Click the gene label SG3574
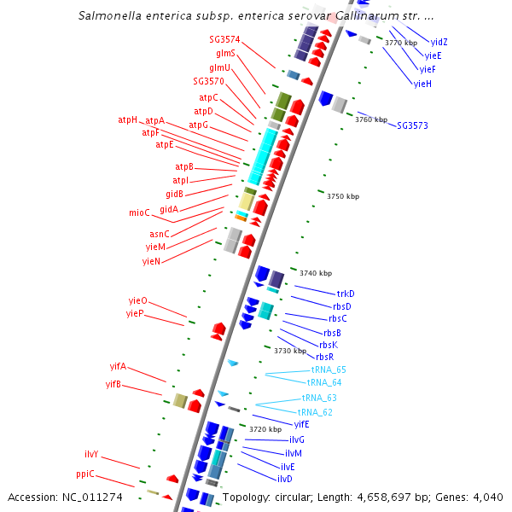coord(224,39)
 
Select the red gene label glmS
coord(225,53)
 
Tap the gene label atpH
coord(127,119)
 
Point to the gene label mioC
coord(139,212)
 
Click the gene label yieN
coord(151,261)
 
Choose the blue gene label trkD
coord(346,294)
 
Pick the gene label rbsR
coord(324,357)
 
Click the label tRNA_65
coord(329,369)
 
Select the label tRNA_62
coord(315,412)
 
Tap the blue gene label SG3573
coord(412,125)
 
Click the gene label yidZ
coord(439,42)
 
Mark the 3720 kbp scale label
coord(265,429)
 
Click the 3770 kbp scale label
coord(401,43)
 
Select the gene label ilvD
coord(284,479)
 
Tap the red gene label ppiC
coord(84,474)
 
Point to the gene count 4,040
coord(486,497)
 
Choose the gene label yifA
coord(118,366)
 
